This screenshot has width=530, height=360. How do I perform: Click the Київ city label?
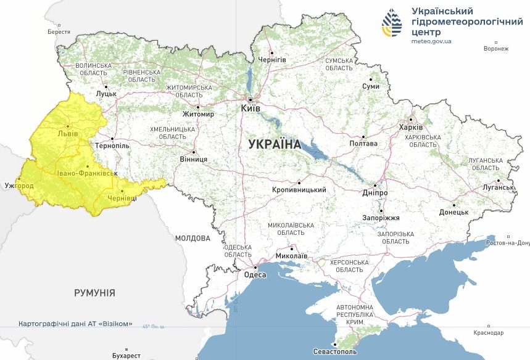pyautogui.click(x=251, y=108)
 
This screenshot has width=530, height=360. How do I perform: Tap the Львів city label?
pyautogui.click(x=67, y=133)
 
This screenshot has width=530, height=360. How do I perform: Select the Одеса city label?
pyautogui.click(x=255, y=275)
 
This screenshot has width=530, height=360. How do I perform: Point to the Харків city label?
pyautogui.click(x=411, y=128)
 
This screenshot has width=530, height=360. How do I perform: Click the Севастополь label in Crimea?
pyautogui.click(x=334, y=351)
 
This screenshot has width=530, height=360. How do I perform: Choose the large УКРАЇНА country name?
pyautogui.click(x=274, y=145)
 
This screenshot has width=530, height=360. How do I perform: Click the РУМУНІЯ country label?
pyautogui.click(x=94, y=293)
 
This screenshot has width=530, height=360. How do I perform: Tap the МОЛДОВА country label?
pyautogui.click(x=193, y=238)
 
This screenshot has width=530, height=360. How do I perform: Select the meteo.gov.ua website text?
pyautogui.click(x=431, y=42)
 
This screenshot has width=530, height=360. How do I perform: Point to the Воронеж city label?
pyautogui.click(x=496, y=49)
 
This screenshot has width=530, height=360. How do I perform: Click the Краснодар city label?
pyautogui.click(x=489, y=332)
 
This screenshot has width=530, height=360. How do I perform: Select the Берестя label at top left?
pyautogui.click(x=59, y=31)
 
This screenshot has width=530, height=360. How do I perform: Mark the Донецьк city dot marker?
pyautogui.click(x=455, y=205)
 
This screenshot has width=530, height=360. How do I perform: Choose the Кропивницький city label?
pyautogui.click(x=299, y=190)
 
